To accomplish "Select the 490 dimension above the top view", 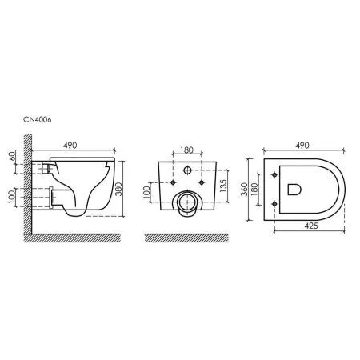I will click(302, 146).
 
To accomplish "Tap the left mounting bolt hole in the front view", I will click(172, 182).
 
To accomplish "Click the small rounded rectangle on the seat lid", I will click(292, 190).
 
